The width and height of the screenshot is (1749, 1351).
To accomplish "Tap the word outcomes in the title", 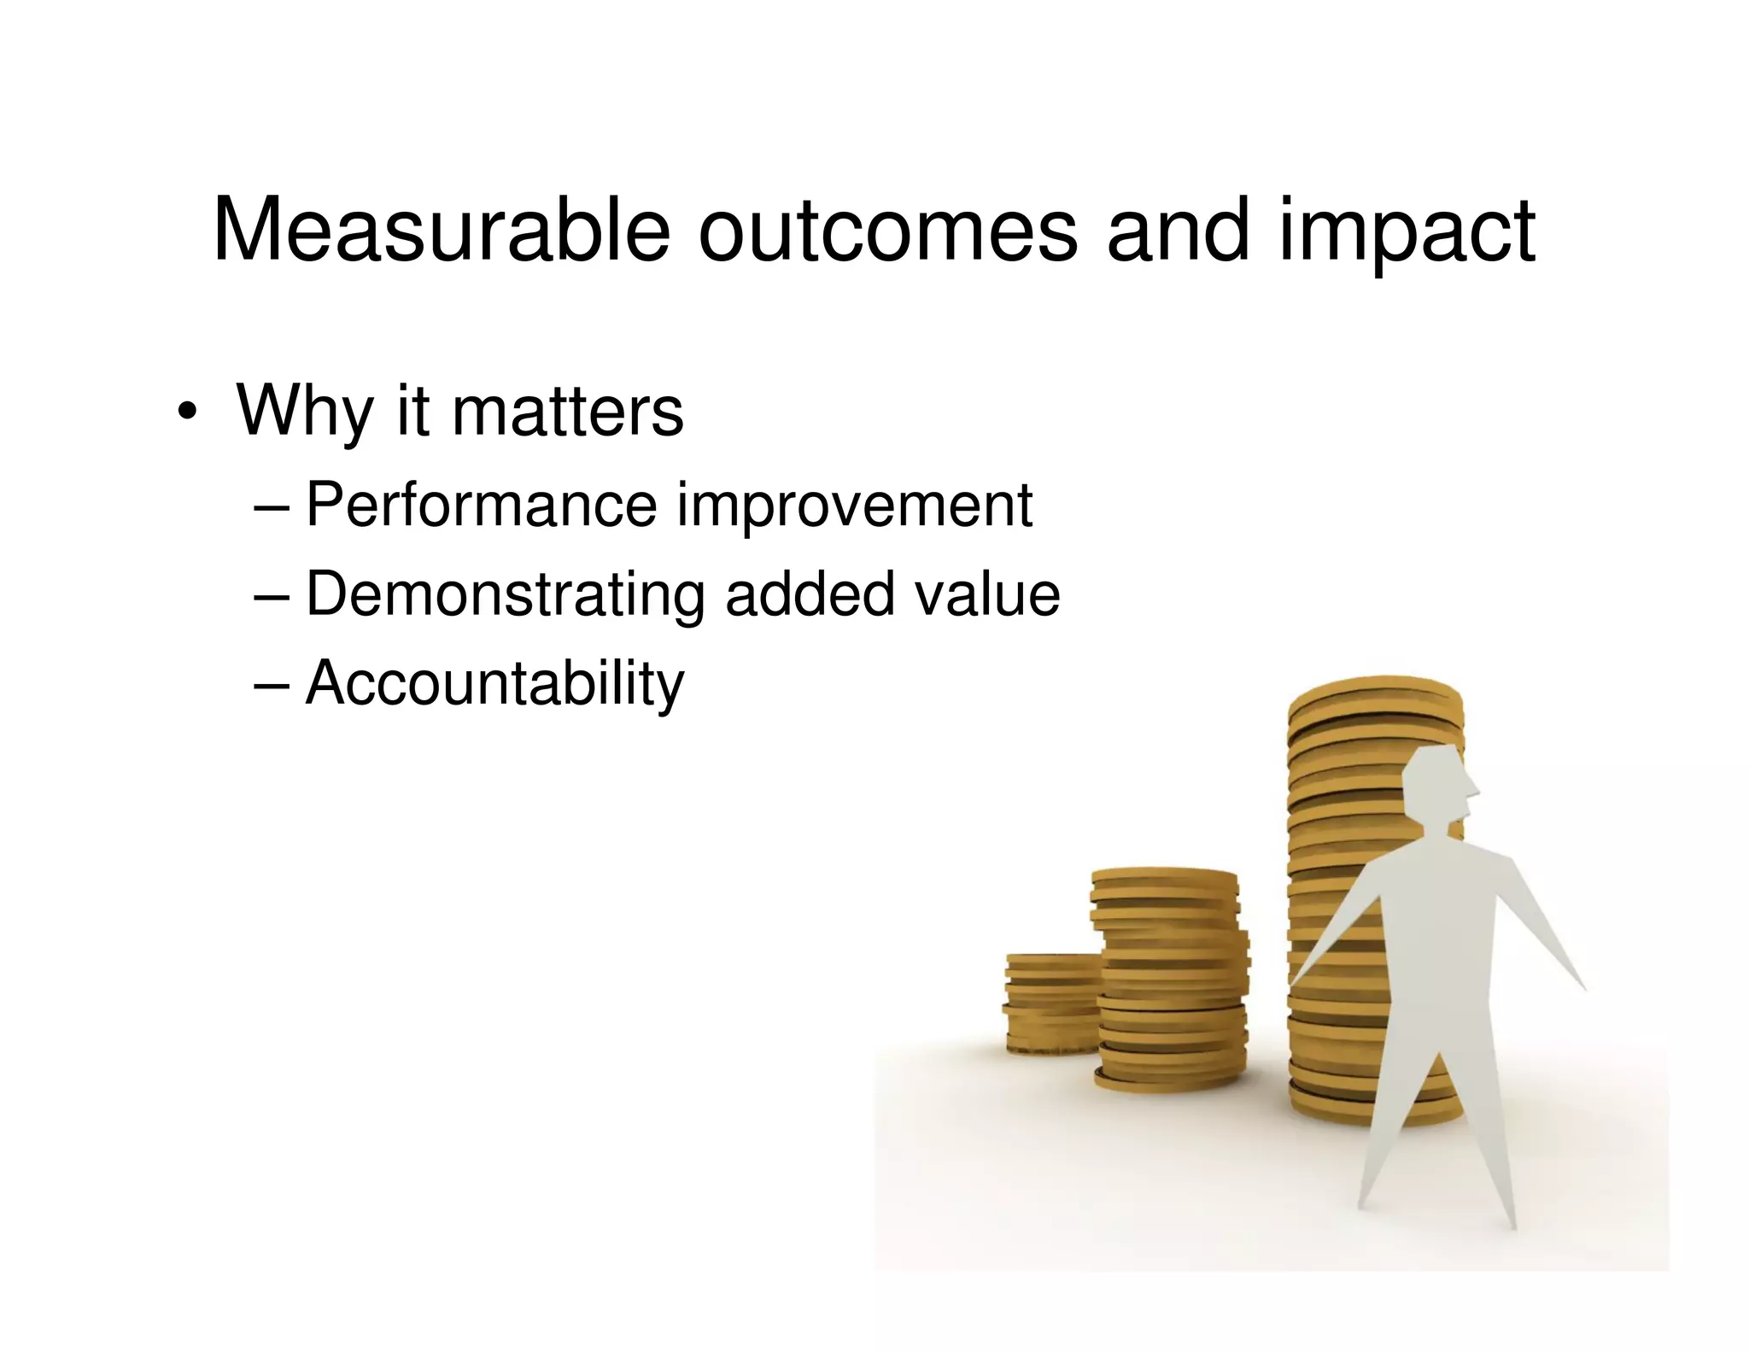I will click(888, 231).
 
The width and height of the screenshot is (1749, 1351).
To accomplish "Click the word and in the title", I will click(1179, 231).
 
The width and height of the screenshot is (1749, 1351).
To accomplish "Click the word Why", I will click(305, 412).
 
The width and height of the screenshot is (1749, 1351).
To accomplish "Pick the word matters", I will click(568, 412).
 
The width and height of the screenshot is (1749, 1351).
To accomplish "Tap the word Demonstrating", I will click(505, 595).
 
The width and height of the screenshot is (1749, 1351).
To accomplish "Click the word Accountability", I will click(495, 685).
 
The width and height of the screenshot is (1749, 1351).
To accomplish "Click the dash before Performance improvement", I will click(272, 507).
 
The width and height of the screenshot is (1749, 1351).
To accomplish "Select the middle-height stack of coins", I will click(1170, 982).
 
